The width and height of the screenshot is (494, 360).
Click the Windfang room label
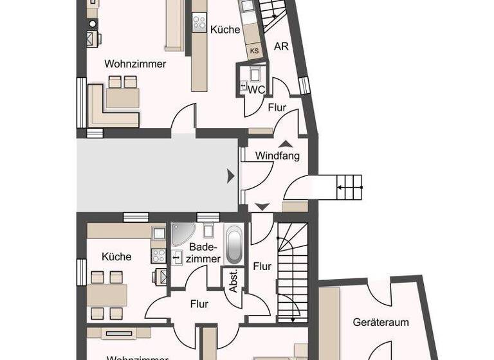coord(277,156)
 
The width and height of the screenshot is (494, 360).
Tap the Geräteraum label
coord(381,322)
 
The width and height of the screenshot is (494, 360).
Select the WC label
coord(256,90)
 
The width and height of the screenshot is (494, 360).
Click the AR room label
coord(281,46)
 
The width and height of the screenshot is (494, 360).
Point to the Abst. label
coord(233,280)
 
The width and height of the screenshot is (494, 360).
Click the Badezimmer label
coord(205,253)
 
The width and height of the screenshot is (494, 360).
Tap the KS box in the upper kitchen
coord(255,50)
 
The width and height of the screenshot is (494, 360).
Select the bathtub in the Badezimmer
coord(234,244)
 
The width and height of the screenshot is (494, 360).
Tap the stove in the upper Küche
coord(199,21)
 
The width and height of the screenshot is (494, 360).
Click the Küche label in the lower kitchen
coord(116,256)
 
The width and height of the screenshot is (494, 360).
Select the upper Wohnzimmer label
coord(135,64)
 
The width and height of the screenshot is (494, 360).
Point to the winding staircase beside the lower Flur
coord(293,270)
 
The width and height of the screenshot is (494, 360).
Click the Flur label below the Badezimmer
coord(199,304)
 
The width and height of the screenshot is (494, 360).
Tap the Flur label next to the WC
coord(277,108)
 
